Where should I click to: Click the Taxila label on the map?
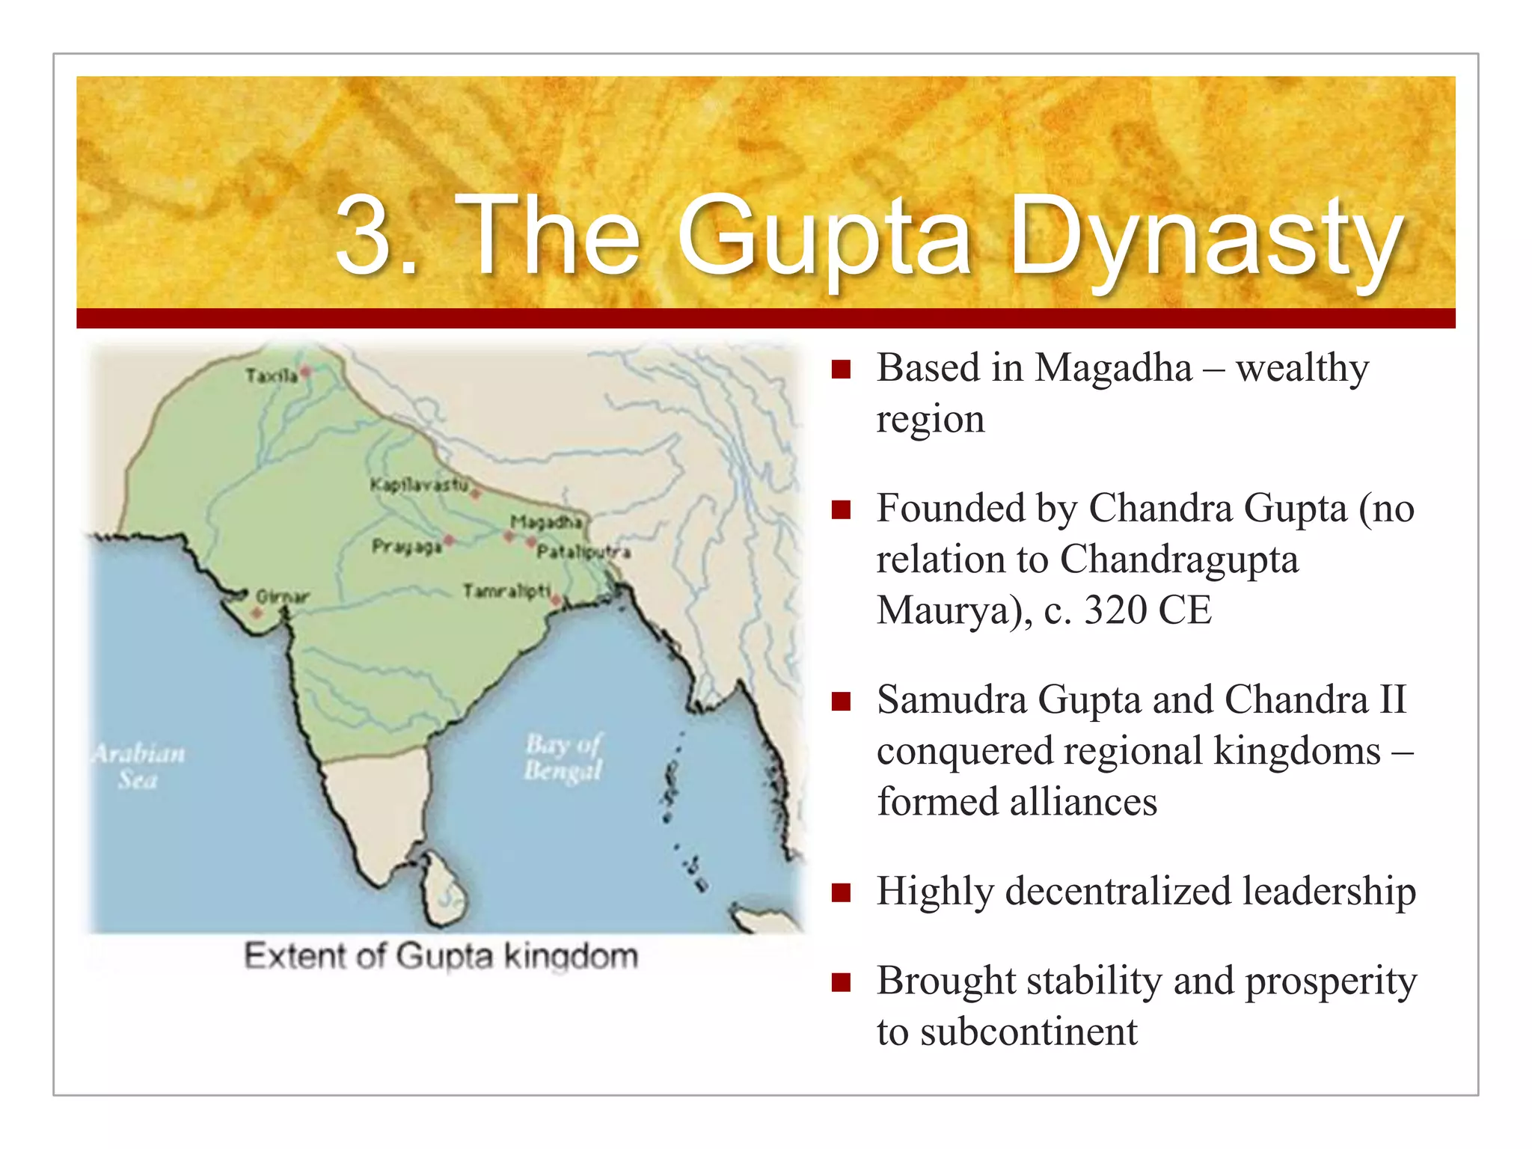tap(271, 375)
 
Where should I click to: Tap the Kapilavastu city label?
tap(419, 485)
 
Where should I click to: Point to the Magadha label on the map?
tap(545, 521)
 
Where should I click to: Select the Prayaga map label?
tap(406, 547)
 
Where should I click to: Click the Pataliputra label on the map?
tap(583, 552)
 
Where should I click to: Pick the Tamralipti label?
tap(506, 591)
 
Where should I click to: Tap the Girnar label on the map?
tap(282, 596)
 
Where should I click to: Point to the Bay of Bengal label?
tap(563, 757)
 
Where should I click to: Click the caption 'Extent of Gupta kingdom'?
tap(441, 957)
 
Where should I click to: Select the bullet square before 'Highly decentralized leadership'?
tap(842, 892)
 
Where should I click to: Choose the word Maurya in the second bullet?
tap(943, 610)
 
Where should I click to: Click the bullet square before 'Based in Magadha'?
tap(842, 369)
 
